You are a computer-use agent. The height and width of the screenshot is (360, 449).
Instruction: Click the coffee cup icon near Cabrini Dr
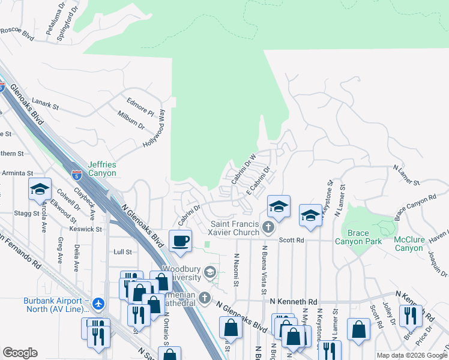coord(181,241)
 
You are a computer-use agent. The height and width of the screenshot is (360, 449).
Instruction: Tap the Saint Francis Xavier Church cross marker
coord(268,227)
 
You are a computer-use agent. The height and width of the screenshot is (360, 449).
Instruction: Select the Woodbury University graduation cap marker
coord(210,272)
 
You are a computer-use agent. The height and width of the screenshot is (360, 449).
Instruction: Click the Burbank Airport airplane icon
coord(99,304)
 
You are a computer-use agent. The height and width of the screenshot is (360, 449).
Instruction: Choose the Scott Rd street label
coord(292,240)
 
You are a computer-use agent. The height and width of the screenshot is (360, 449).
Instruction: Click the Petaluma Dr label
coord(50,17)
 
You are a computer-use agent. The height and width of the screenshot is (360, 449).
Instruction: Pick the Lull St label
coord(122,253)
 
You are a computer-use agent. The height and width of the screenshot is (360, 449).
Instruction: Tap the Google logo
coord(20,353)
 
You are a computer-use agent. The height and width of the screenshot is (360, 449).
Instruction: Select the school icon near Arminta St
coord(40,190)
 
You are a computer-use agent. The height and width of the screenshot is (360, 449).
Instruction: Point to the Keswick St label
coord(85,229)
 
